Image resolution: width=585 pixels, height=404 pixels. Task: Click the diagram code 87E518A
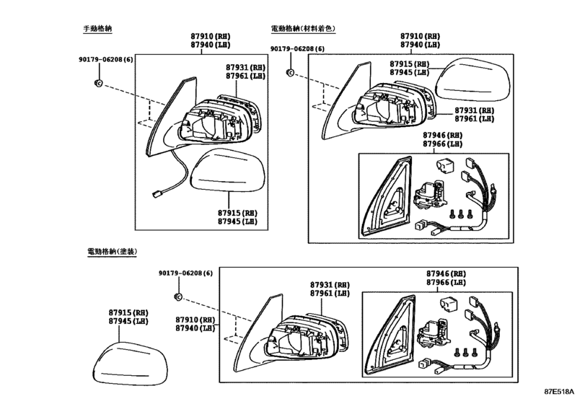[559, 392]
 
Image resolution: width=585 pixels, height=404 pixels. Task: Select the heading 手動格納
[97, 29]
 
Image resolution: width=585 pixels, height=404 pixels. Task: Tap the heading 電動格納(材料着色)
[303, 29]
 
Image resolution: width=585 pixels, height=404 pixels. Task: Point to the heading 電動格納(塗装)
[112, 252]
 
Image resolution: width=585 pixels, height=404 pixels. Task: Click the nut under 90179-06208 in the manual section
[99, 83]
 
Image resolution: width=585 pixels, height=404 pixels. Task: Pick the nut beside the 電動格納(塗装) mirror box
[178, 297]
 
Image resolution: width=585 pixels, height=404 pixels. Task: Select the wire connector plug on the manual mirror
[157, 193]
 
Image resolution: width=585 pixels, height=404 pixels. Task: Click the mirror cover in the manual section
[228, 170]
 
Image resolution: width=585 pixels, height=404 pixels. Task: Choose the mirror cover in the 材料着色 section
[473, 79]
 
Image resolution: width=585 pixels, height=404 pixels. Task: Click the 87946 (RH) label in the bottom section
[447, 274]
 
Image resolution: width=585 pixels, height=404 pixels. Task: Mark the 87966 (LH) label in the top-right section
[442, 144]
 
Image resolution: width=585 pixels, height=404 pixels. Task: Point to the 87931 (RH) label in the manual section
[245, 68]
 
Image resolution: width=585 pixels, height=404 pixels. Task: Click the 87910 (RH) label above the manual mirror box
[211, 36]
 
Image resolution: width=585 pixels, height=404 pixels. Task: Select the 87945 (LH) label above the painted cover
[128, 321]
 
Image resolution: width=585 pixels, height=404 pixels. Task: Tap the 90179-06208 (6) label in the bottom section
[185, 273]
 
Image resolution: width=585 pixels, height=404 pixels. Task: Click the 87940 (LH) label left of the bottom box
[195, 328]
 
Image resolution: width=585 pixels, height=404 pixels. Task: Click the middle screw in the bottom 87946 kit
[465, 353]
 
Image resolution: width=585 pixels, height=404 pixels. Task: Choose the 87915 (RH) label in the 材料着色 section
[410, 64]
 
